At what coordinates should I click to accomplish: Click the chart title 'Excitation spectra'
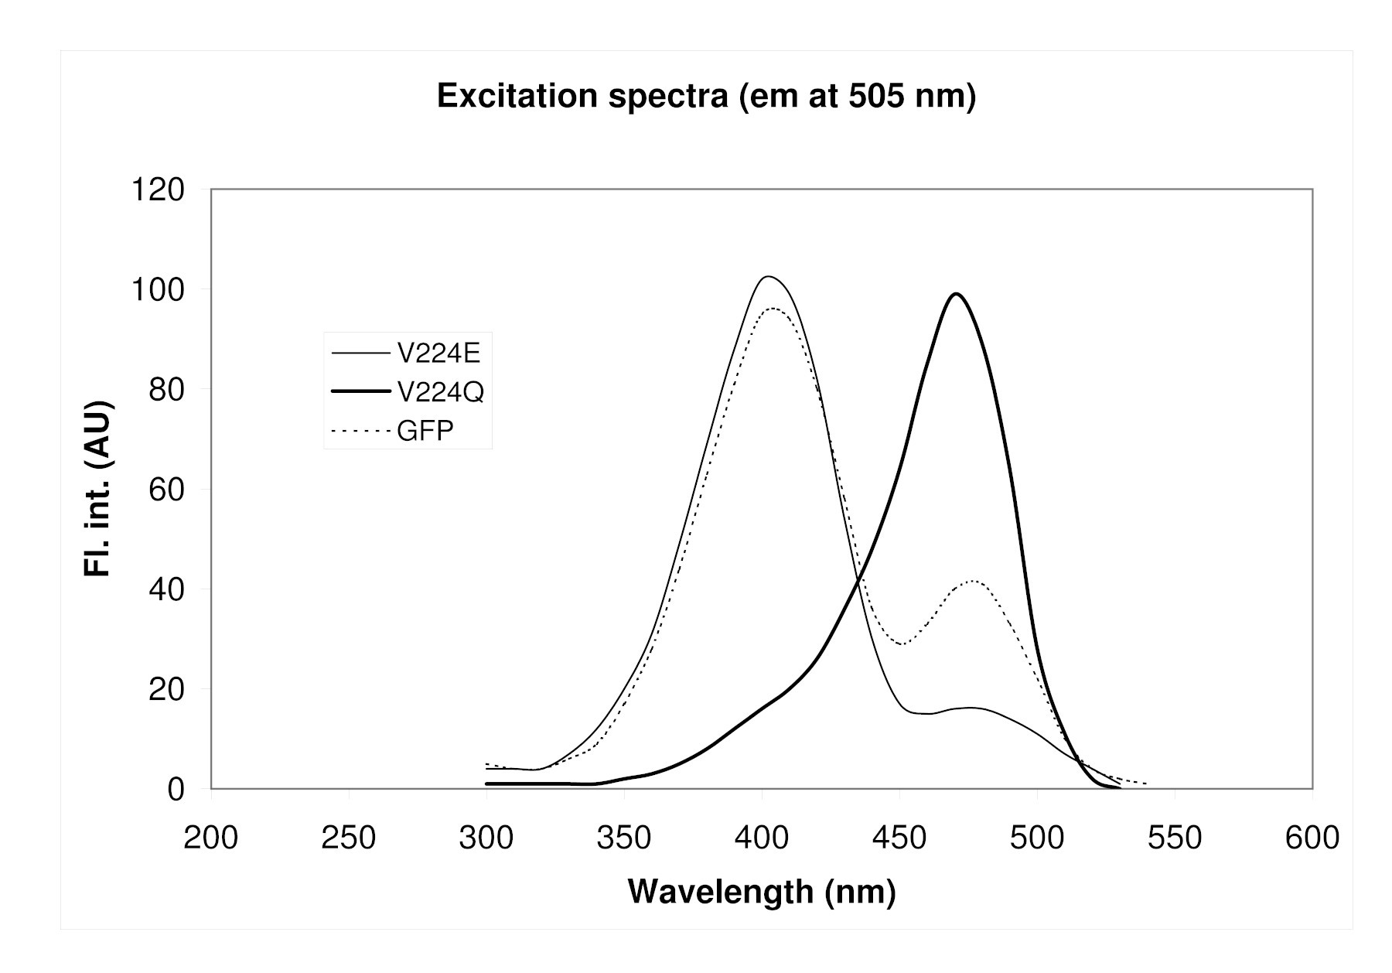[x=706, y=97]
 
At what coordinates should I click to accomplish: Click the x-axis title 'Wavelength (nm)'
[x=762, y=891]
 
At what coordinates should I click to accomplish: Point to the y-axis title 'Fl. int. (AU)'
[x=98, y=489]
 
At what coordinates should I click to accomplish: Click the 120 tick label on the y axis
[x=159, y=189]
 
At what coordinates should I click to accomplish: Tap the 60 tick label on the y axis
[x=167, y=490]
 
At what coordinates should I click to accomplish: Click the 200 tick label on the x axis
[x=210, y=838]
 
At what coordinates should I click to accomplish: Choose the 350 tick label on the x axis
[x=624, y=838]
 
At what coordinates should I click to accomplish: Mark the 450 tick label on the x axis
[x=899, y=838]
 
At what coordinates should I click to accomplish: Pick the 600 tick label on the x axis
[x=1312, y=838]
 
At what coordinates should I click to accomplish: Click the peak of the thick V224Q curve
[x=957, y=294]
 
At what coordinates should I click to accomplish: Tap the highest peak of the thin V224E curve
[x=767, y=276]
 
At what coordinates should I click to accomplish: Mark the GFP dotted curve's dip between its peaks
[x=902, y=644]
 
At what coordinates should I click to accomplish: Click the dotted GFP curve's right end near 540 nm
[x=1146, y=784]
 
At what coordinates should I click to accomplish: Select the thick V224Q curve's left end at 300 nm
[x=486, y=784]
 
